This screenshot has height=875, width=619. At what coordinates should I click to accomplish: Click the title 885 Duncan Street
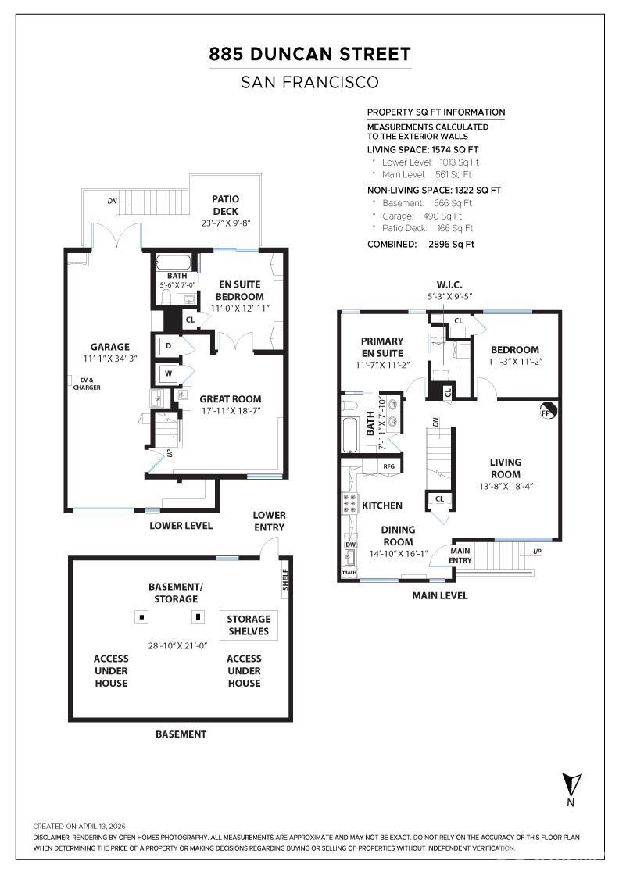coord(309,54)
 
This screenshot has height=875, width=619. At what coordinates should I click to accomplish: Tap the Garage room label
coord(110,347)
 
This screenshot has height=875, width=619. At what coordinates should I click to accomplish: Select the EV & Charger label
coord(87,384)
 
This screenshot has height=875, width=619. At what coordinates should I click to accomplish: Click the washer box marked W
coord(168,372)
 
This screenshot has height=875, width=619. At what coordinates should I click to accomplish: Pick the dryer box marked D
coord(168,346)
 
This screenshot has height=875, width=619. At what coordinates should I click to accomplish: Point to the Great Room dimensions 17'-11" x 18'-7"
coord(231,411)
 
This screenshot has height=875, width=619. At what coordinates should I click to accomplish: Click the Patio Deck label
coord(226,205)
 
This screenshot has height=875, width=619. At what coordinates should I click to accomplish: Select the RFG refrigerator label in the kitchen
coord(389,466)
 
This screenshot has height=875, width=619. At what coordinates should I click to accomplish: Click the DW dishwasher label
coord(350,545)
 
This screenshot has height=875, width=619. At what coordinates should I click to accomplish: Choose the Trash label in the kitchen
coord(349,573)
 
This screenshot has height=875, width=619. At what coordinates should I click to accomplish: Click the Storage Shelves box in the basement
coord(249,625)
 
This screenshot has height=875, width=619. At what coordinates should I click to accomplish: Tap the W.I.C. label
coord(449,284)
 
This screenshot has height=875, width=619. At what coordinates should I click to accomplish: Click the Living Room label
coord(506,468)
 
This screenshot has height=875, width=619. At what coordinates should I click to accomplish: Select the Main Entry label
coord(460,555)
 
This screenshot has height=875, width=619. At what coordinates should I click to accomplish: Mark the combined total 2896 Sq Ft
coord(451,244)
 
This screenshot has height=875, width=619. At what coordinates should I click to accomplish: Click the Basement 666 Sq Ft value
coord(453,203)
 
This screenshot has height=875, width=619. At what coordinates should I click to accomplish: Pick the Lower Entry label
coord(269,520)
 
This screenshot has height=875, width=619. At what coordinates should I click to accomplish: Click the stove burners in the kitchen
coord(350,502)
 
